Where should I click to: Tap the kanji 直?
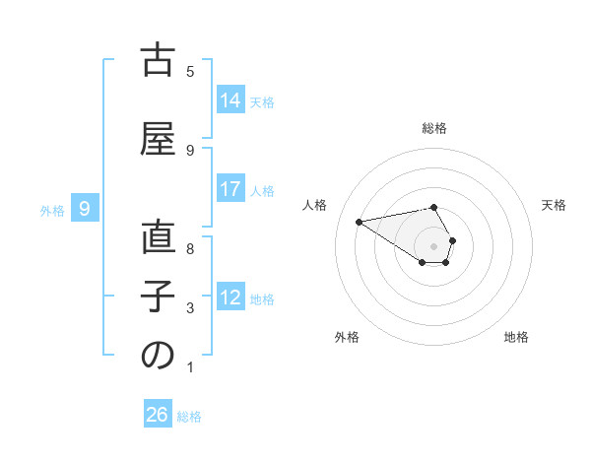point(158,239)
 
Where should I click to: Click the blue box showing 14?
point(230,100)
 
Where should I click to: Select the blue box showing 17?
point(230,190)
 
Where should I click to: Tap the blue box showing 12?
point(230,298)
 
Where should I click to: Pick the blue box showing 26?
point(157,415)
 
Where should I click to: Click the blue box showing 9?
point(85,209)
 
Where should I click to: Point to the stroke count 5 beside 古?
point(190,71)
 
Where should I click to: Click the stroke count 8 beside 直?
point(190,249)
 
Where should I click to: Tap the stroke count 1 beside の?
point(190,368)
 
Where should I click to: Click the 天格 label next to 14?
point(262,102)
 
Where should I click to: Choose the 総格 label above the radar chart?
point(434,128)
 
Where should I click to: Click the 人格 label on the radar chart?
point(314,205)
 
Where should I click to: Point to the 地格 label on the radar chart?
point(516,337)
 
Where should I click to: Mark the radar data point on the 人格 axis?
point(360,222)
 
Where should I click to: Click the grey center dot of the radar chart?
point(434,245)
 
